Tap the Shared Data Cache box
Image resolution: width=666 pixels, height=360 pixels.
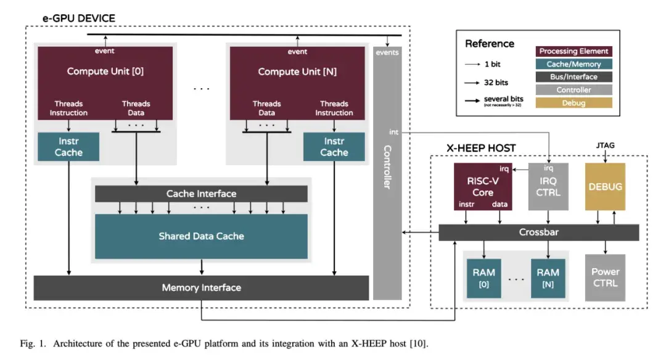201,236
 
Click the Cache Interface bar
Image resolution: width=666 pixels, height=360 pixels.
201,194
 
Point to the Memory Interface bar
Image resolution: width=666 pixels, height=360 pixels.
201,287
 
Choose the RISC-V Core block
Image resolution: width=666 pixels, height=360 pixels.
483,187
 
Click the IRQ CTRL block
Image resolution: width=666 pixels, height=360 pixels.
548,187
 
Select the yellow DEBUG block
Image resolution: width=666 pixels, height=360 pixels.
604,187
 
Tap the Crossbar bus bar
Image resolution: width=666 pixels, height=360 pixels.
538,232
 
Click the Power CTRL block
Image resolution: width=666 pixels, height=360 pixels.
604,277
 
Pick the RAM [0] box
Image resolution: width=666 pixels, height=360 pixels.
483,277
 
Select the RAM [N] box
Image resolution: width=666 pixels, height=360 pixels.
548,277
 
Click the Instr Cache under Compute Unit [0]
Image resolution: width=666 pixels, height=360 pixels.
68,147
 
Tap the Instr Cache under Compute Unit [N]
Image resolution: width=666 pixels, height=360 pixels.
334,147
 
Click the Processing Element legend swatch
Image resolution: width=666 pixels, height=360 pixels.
574,51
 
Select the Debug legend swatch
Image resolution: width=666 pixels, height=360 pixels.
574,103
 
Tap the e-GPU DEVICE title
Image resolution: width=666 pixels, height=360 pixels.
78,18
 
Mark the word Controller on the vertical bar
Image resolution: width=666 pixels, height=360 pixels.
387,166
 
